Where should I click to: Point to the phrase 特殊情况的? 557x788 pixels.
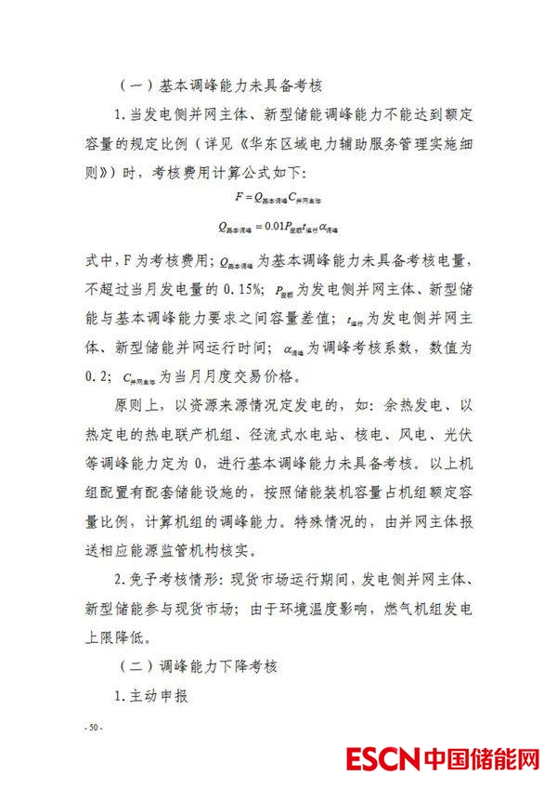pyautogui.click(x=305, y=521)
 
